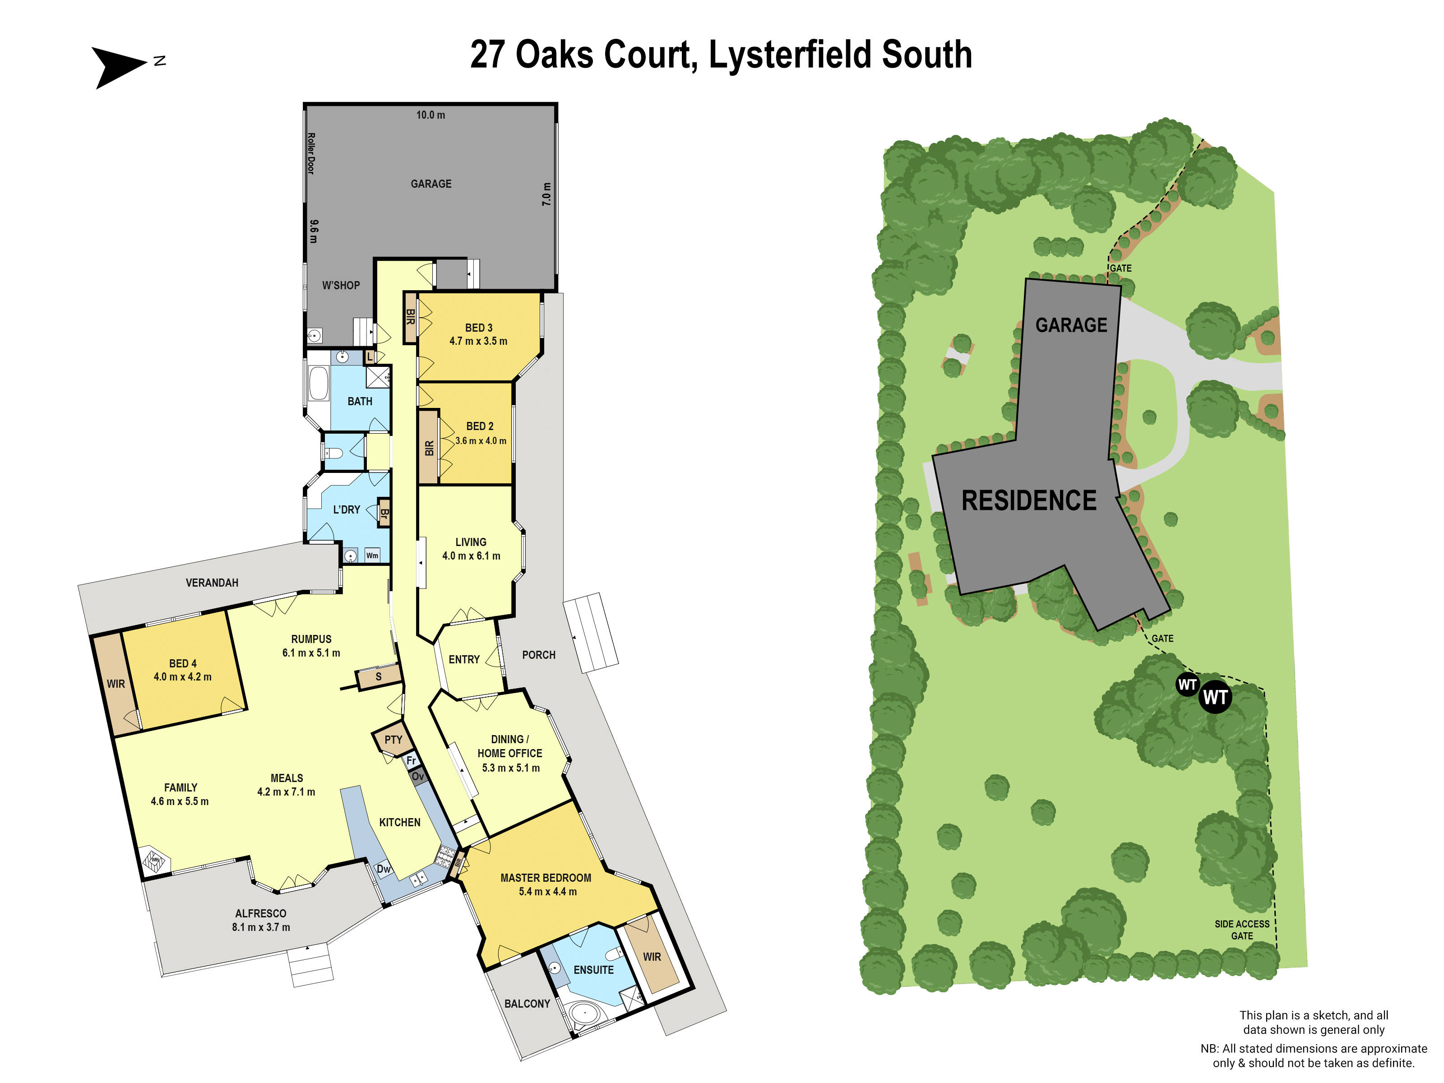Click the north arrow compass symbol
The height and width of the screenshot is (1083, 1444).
117,66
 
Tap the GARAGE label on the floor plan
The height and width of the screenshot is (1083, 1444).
431,184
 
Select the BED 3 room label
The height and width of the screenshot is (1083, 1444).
478,328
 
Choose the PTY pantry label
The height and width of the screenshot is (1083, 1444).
393,740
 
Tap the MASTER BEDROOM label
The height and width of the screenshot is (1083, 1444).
546,878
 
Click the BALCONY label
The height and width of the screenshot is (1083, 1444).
527,1004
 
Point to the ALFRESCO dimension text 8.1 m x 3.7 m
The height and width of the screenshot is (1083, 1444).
261,927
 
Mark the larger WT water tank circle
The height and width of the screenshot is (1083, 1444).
1215,697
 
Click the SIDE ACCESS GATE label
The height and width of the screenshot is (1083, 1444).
1242,930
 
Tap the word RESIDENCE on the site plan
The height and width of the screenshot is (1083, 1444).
1029,501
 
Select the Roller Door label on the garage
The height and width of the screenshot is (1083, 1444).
311,153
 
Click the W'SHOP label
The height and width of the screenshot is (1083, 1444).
341,285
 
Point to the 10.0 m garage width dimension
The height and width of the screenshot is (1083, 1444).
431,115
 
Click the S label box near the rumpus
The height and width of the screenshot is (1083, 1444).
378,677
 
